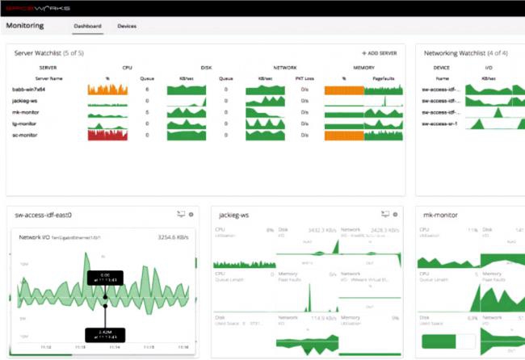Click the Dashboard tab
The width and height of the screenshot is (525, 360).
point(87,26)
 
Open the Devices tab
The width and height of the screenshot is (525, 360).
point(127,26)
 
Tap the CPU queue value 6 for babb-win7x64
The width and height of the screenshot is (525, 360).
point(146,90)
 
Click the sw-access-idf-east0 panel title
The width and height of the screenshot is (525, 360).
point(44,215)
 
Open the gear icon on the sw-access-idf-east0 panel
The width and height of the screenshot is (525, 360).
point(191,215)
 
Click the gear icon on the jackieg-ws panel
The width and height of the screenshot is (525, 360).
point(396,215)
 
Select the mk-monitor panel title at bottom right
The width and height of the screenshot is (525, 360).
point(441,215)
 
